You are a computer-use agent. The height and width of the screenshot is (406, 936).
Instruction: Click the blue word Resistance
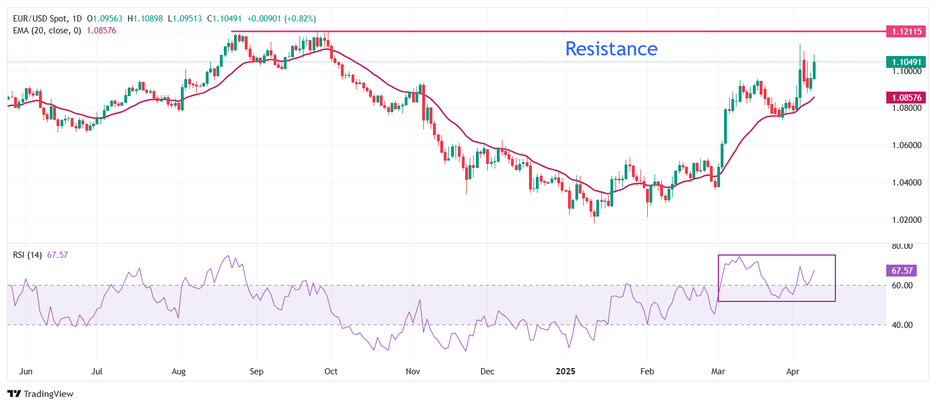pyautogui.click(x=611, y=49)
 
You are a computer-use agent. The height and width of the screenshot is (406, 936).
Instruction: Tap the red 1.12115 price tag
pyautogui.click(x=906, y=32)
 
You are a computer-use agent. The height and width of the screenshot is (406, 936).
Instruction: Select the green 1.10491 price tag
pyautogui.click(x=906, y=62)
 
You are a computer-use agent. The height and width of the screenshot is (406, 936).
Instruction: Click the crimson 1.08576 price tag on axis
pyautogui.click(x=906, y=98)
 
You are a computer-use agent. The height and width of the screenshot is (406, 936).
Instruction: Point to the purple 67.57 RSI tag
pyautogui.click(x=902, y=271)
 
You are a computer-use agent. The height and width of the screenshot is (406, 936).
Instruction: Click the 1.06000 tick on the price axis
pyautogui.click(x=907, y=145)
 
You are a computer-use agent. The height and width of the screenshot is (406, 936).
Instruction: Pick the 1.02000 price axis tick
pyautogui.click(x=907, y=220)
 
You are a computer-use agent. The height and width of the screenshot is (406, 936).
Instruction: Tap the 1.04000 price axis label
pyautogui.click(x=907, y=183)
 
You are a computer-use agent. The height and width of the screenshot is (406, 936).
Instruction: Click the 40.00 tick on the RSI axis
pyautogui.click(x=902, y=325)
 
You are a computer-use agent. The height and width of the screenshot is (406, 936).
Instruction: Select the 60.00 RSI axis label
pyautogui.click(x=902, y=286)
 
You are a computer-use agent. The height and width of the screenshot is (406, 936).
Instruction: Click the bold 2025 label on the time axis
pyautogui.click(x=565, y=372)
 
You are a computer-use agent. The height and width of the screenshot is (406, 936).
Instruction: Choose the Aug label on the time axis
pyautogui.click(x=179, y=372)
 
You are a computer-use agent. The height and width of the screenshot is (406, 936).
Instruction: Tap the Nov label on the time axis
pyautogui.click(x=413, y=372)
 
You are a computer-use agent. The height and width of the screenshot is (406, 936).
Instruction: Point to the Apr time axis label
pyautogui.click(x=793, y=372)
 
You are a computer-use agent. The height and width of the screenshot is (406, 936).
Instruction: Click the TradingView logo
pyautogui.click(x=41, y=394)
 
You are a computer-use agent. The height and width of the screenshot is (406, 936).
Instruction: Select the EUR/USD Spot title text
pyautogui.click(x=40, y=19)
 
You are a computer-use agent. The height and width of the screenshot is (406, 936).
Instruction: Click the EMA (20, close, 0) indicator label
pyautogui.click(x=47, y=31)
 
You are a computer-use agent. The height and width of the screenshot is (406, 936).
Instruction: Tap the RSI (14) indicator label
pyautogui.click(x=27, y=255)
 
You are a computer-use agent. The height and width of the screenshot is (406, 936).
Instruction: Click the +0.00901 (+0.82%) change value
pyautogui.click(x=281, y=19)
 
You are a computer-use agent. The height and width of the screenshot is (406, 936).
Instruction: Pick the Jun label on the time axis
pyautogui.click(x=26, y=372)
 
